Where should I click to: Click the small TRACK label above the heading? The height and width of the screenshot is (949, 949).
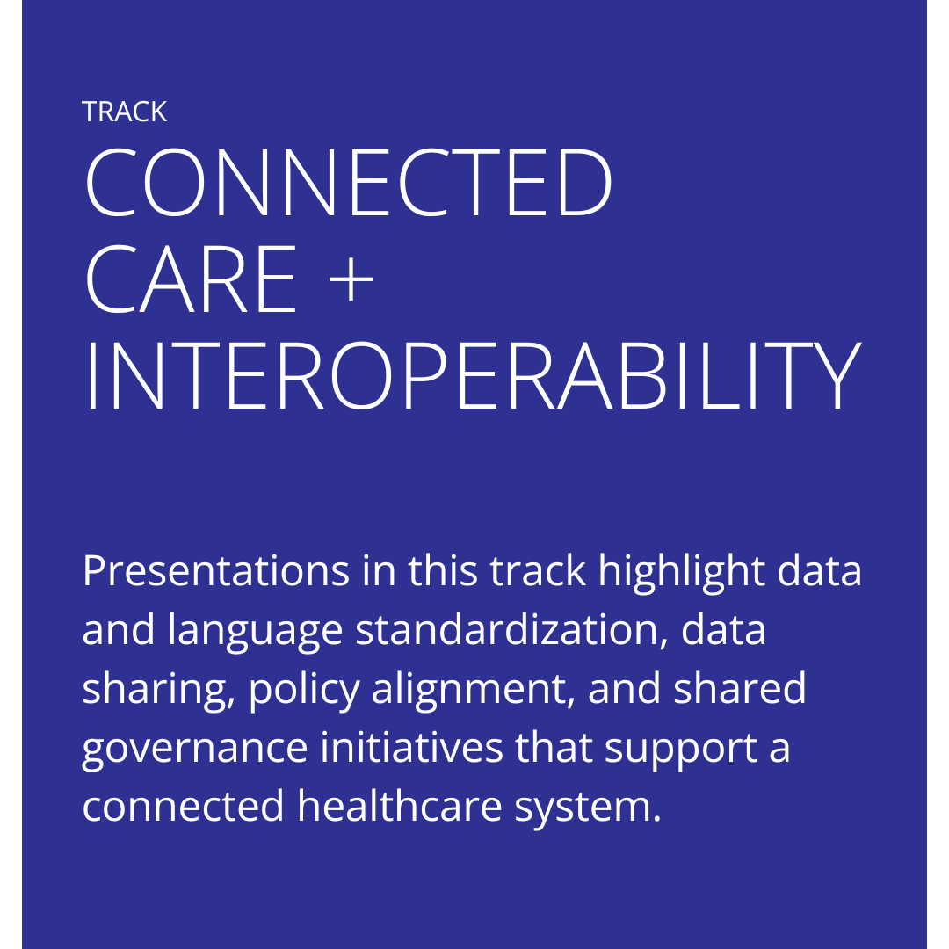124,112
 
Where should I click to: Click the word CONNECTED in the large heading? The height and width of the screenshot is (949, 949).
349,182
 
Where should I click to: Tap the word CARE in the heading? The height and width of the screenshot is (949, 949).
191,279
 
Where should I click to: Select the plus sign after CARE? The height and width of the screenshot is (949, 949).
351,279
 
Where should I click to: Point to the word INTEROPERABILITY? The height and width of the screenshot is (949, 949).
474,376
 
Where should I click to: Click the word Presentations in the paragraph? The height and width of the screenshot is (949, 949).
216,571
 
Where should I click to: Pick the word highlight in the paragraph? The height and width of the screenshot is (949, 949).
682,572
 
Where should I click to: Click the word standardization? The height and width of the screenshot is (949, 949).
511,629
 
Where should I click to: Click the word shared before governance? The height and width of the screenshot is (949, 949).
739,688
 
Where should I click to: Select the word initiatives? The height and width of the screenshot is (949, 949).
411,747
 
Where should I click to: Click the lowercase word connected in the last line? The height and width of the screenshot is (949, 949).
184,806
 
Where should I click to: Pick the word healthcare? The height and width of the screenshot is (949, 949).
400,806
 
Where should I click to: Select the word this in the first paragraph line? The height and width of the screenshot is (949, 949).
442,570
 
